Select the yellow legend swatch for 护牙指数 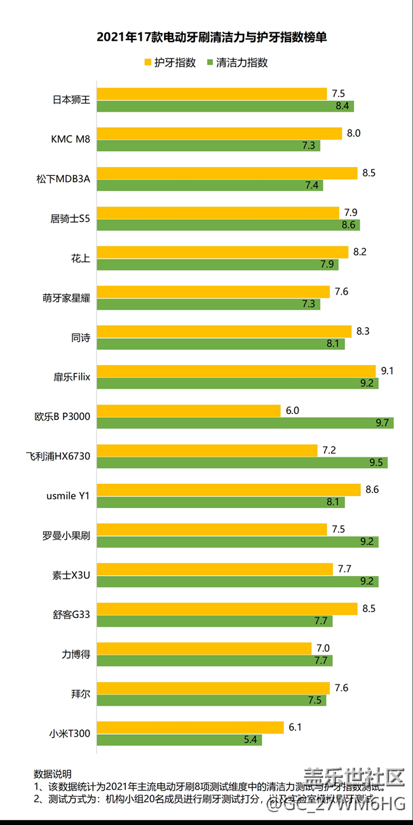pos(147,63)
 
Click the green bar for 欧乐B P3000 pos(245,423)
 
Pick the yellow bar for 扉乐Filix pos(236,371)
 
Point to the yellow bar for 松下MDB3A pos(227,173)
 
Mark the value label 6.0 pos(292,410)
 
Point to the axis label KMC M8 pos(71,139)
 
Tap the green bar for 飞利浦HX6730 pos(242,462)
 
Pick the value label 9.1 pos(387,371)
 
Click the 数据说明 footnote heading pos(52,774)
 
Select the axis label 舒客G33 pos(71,614)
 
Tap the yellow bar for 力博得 pos(205,648)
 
